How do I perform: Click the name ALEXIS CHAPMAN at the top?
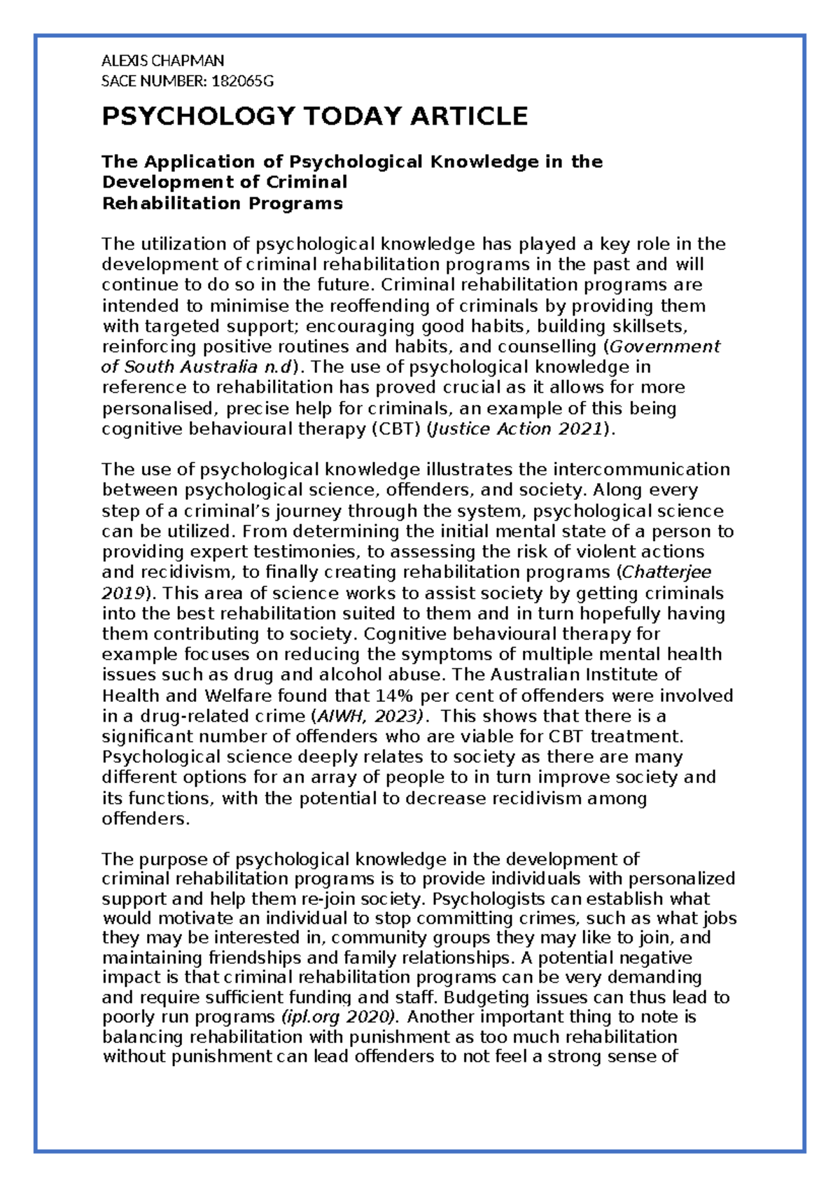point(162,61)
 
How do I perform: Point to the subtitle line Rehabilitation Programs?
point(222,204)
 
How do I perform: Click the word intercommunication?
point(641,470)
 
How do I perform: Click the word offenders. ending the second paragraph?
point(146,819)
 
